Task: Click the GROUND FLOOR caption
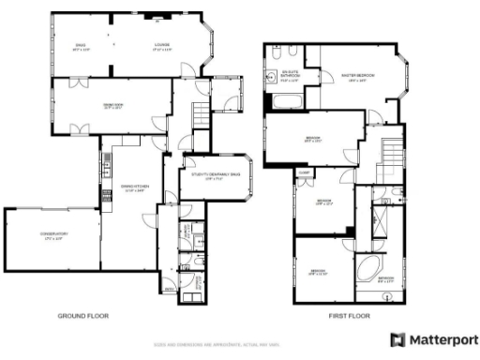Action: (82, 317)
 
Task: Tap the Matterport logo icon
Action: (398, 338)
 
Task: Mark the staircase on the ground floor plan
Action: (200, 117)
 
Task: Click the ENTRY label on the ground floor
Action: (170, 289)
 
